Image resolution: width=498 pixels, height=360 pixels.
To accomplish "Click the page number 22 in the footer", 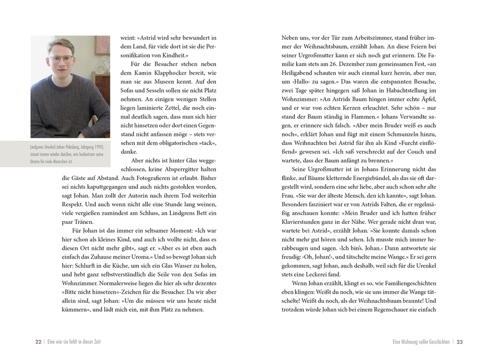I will pyautogui.click(x=38, y=342).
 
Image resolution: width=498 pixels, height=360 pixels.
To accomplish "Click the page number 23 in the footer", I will pyautogui.click(x=459, y=342).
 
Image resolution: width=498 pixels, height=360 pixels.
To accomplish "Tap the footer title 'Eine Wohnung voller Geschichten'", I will pyautogui.click(x=421, y=342).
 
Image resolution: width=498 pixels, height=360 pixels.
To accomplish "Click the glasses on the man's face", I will pyautogui.click(x=61, y=59).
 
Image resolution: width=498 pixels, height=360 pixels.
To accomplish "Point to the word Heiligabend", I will pyautogui.click(x=298, y=73).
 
